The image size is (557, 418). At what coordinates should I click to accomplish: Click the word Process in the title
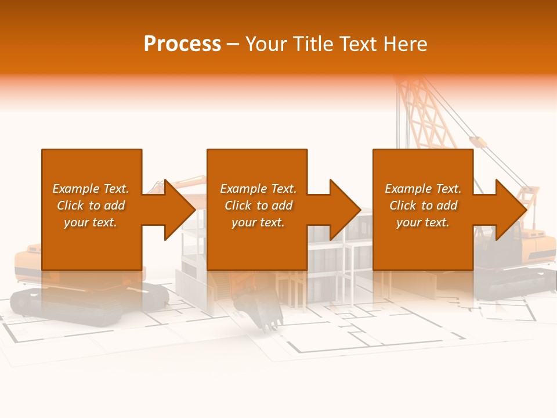click(x=182, y=44)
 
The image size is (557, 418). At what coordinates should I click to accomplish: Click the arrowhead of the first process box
click(x=179, y=210)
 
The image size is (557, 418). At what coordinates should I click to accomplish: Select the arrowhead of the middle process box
click(x=345, y=210)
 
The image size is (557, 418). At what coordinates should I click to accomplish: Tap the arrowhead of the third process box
click(x=511, y=210)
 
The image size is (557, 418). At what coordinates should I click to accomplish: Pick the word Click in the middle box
click(x=237, y=206)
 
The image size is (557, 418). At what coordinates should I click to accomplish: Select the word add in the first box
click(x=115, y=206)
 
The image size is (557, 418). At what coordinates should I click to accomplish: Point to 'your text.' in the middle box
click(x=258, y=222)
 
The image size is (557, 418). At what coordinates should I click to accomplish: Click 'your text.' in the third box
click(x=422, y=222)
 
